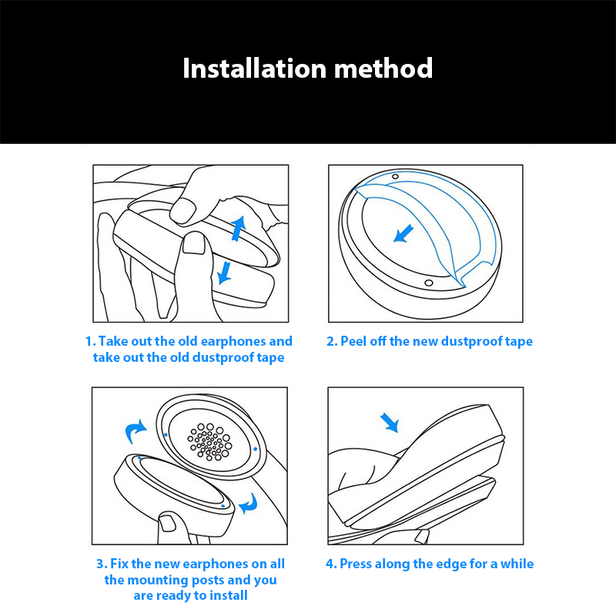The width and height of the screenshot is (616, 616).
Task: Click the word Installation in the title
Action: pyautogui.click(x=255, y=69)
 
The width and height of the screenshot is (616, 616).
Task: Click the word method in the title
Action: pyautogui.click(x=383, y=69)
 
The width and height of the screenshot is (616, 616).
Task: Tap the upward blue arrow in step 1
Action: pyautogui.click(x=238, y=228)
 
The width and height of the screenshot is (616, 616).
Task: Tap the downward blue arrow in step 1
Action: pyautogui.click(x=225, y=273)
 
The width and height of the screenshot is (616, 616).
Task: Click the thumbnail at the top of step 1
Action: pyautogui.click(x=183, y=210)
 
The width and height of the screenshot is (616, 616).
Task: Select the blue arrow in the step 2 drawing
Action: pyautogui.click(x=403, y=233)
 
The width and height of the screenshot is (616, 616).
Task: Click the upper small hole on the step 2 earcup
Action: pyautogui.click(x=395, y=177)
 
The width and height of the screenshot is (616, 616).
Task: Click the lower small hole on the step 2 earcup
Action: pyautogui.click(x=429, y=283)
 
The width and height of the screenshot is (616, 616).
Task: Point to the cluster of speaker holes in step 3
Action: pyautogui.click(x=209, y=441)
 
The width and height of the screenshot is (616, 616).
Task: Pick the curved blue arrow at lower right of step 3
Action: pyautogui.click(x=248, y=504)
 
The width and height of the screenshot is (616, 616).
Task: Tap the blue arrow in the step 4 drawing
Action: pyautogui.click(x=390, y=423)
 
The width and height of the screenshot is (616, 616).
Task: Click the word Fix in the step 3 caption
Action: pyautogui.click(x=119, y=564)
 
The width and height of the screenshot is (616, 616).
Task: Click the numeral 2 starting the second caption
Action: pyautogui.click(x=331, y=341)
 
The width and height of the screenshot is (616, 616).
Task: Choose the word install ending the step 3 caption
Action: pyautogui.click(x=229, y=595)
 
